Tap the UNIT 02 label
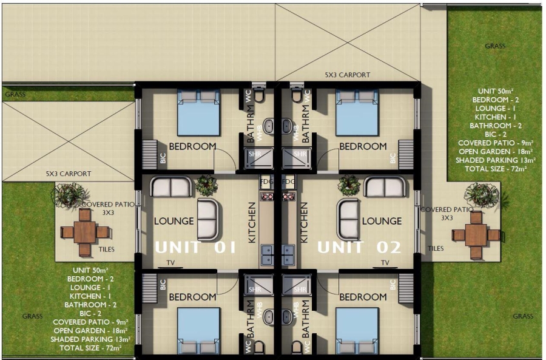click(359, 248)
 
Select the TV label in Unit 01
click(170, 263)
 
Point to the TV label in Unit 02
click(384, 263)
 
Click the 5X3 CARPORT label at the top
click(347, 75)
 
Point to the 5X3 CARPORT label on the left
click(68, 174)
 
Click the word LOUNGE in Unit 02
click(382, 221)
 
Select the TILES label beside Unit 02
click(435, 248)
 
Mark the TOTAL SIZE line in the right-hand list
click(494, 168)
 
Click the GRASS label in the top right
click(495, 46)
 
